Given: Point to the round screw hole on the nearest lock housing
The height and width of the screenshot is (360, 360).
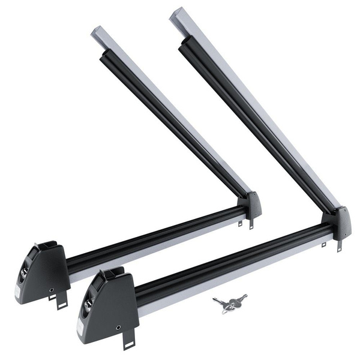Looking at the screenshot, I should (x=118, y=328).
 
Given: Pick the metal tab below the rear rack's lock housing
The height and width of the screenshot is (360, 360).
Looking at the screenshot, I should (x=62, y=302).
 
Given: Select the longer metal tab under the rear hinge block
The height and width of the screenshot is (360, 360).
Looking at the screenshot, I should (x=251, y=223).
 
